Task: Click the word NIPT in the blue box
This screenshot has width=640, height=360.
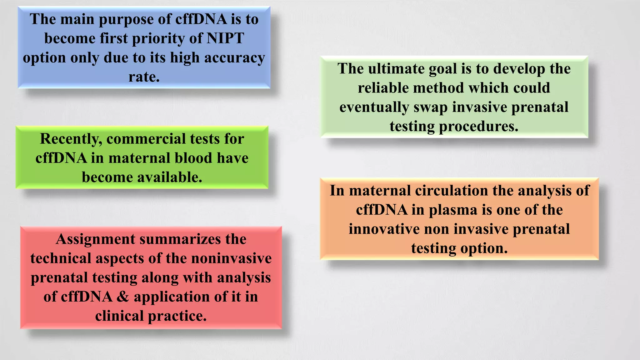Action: (x=225, y=38)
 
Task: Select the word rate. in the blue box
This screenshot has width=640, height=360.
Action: (x=144, y=77)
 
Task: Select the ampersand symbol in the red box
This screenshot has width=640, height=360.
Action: (x=123, y=297)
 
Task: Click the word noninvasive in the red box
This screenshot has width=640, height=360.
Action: (x=231, y=258)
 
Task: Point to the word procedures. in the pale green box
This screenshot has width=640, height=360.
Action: (x=478, y=127)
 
